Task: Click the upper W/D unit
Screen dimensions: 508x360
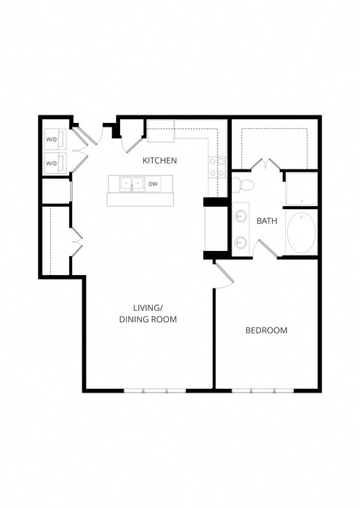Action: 52,139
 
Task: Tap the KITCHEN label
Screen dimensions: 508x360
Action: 160,160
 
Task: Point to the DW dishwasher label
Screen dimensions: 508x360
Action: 152,184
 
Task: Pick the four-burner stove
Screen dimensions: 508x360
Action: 217,166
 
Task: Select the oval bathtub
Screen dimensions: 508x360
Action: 301,233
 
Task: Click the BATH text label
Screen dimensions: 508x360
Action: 266,221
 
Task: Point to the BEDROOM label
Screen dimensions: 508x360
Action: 266,330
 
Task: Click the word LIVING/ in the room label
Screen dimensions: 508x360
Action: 148,307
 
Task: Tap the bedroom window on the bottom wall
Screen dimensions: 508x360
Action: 262,390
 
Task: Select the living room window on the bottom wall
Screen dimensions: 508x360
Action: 154,390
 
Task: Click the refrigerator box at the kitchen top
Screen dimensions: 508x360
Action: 160,130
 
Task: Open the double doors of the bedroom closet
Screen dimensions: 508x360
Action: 266,163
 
